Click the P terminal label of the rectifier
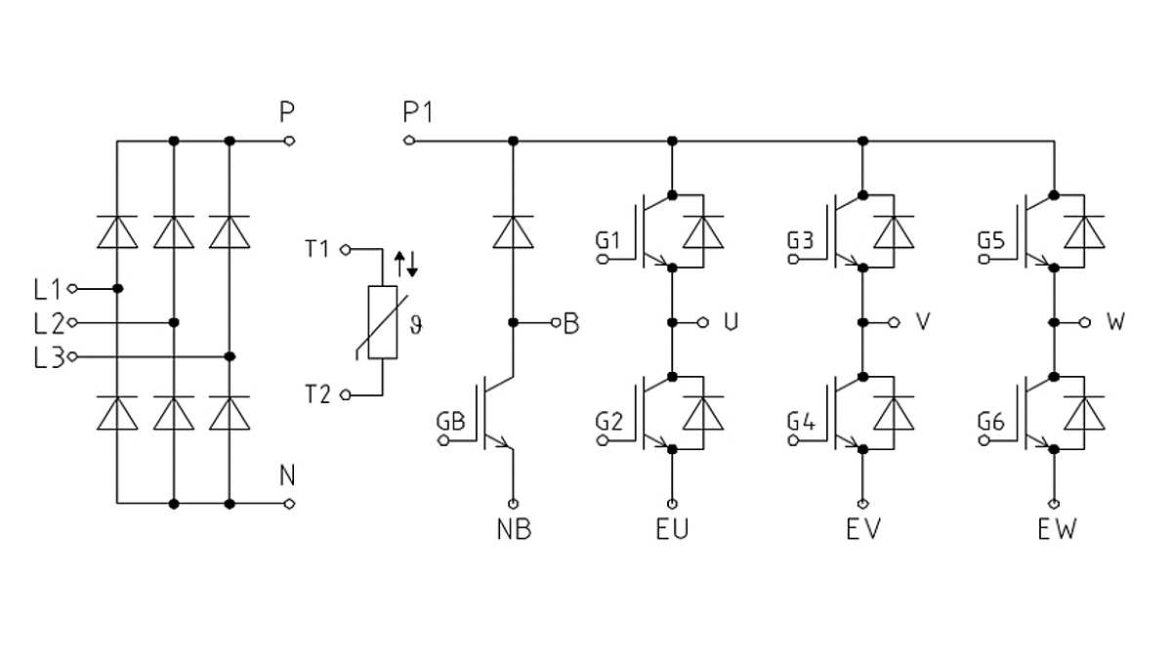[286, 113]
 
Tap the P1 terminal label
[418, 113]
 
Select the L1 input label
[47, 289]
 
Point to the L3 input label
[47, 357]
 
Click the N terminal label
[287, 476]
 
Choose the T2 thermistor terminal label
[317, 394]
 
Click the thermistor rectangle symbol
[383, 322]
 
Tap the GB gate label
[451, 422]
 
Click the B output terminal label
[571, 323]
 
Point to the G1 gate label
[607, 240]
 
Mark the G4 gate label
[801, 422]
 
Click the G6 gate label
[991, 422]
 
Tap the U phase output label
[731, 322]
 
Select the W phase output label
[1115, 322]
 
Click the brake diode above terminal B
[514, 232]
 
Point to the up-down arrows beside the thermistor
[405, 262]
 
